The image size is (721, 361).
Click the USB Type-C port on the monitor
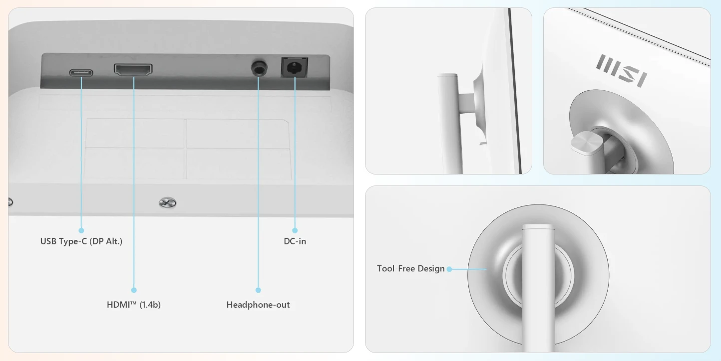(x=81, y=73)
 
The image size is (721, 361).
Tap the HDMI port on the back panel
(x=133, y=69)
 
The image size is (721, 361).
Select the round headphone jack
(x=259, y=68)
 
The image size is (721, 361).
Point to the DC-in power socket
(x=295, y=67)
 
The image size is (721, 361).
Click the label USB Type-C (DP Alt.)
(x=81, y=241)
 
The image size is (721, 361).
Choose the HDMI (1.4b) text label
(x=134, y=305)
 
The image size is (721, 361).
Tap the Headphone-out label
(x=258, y=305)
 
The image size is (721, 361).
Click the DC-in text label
(x=295, y=241)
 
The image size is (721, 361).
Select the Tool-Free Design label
(x=411, y=269)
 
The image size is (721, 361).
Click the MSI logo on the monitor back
(x=622, y=71)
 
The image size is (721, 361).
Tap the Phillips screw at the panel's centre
(x=167, y=202)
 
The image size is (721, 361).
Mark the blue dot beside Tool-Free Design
(x=449, y=269)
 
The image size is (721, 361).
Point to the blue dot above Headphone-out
(x=258, y=290)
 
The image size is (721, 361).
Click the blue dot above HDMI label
(x=134, y=290)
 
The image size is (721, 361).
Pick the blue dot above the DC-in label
(x=295, y=230)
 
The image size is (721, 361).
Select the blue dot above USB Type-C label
(x=81, y=230)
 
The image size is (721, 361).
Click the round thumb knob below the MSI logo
(x=587, y=142)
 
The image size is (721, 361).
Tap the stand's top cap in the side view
(x=447, y=76)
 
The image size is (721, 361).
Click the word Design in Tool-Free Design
(x=430, y=269)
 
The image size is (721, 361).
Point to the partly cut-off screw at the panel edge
(x=10, y=202)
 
